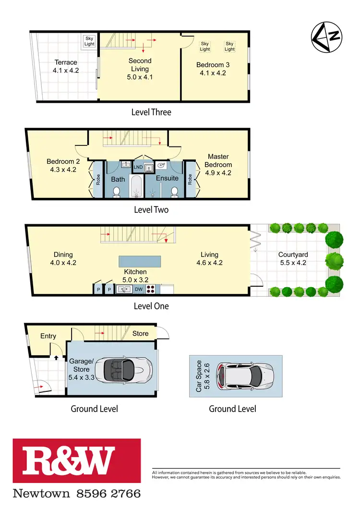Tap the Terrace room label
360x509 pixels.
(x=66, y=62)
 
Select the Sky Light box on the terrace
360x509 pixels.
(x=90, y=41)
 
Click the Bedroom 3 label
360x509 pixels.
(x=211, y=65)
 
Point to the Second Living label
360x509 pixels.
(x=140, y=61)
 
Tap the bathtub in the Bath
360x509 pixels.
(x=136, y=187)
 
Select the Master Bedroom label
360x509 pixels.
(x=218, y=160)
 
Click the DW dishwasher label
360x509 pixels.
(x=139, y=290)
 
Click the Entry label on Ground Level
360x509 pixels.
(x=48, y=336)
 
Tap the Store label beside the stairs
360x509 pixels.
(x=141, y=333)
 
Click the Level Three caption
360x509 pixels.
(x=151, y=112)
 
